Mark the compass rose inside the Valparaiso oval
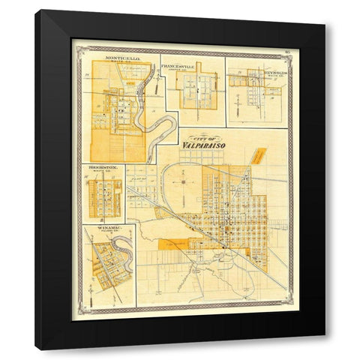click(x=184, y=179)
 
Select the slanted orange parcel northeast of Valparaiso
click(x=259, y=156)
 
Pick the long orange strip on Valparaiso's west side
click(x=187, y=244)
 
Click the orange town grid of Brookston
click(x=104, y=196)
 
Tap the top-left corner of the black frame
click(x=35, y=10)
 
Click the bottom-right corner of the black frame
click(x=325, y=349)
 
